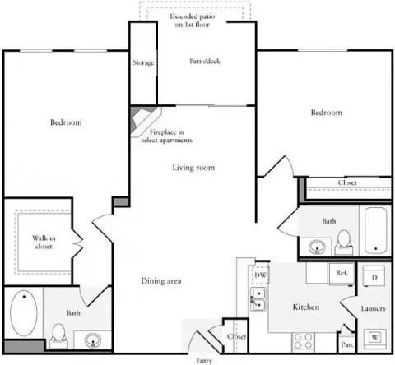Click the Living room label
[x=193, y=168]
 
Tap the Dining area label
[x=161, y=281]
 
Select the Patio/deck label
[x=205, y=61]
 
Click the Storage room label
[x=143, y=62]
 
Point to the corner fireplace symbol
[x=145, y=121]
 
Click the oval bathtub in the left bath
[x=24, y=313]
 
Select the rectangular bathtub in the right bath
[x=375, y=231]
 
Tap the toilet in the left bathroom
[x=58, y=335]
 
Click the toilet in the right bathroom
[x=344, y=243]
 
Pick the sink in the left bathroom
[x=93, y=340]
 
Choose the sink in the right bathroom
[x=317, y=247]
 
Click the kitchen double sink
[x=258, y=299]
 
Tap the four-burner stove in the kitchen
[x=303, y=340]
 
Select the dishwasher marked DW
[x=260, y=275]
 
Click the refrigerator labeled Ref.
[x=342, y=274]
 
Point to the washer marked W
[x=374, y=337]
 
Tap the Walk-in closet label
[x=44, y=243]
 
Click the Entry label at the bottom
[x=204, y=361]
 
